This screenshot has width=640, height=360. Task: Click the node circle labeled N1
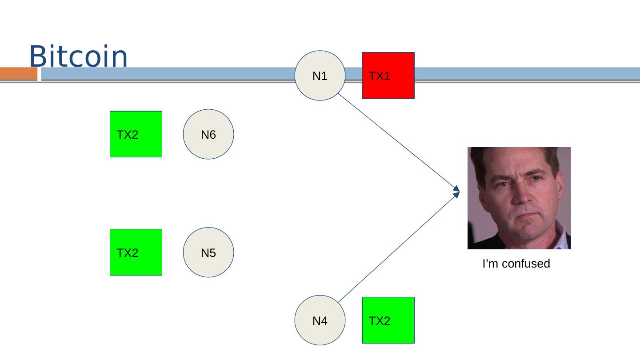(320, 76)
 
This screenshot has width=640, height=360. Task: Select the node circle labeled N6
(208, 134)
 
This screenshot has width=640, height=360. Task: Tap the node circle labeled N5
(208, 252)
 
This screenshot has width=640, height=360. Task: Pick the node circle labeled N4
(320, 320)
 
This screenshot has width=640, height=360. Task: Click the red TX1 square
(388, 76)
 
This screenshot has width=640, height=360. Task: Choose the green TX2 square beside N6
(136, 134)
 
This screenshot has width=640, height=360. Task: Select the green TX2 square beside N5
(136, 252)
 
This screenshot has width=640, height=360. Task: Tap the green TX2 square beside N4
(388, 320)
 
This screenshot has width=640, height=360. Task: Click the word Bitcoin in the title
(78, 56)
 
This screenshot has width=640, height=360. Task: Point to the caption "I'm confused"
(516, 264)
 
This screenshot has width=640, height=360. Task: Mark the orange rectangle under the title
(19, 73)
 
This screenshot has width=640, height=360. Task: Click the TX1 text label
(380, 76)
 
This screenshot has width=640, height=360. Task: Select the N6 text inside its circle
(208, 135)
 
